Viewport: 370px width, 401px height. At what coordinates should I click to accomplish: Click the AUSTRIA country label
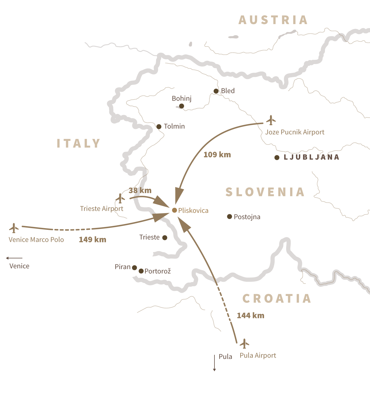[x=273, y=20]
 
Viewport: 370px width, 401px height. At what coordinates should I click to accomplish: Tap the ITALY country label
[x=79, y=143]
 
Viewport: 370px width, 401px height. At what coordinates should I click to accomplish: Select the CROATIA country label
[x=277, y=298]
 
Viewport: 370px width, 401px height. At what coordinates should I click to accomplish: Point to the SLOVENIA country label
[x=265, y=192]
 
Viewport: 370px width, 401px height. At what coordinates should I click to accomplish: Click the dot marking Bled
[x=216, y=91]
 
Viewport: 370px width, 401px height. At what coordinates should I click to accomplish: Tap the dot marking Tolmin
[x=159, y=127]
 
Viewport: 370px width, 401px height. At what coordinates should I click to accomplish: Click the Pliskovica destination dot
[x=175, y=210]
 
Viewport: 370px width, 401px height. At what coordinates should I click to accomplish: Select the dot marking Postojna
[x=229, y=217]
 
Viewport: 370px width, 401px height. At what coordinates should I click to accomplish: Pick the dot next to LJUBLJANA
[x=277, y=158]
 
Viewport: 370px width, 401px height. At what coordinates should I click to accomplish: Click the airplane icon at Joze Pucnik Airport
[x=271, y=120]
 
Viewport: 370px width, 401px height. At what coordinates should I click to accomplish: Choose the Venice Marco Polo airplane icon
[x=14, y=228]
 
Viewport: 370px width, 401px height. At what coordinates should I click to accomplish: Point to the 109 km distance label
[x=217, y=155]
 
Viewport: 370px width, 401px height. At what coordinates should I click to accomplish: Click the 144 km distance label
[x=250, y=315]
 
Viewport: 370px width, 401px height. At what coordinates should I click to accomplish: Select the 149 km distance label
[x=92, y=239]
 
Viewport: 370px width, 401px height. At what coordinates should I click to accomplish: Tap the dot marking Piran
[x=135, y=268]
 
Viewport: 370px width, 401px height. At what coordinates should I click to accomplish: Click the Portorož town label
[x=158, y=271]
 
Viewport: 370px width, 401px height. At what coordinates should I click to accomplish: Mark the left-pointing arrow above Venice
[x=14, y=258]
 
